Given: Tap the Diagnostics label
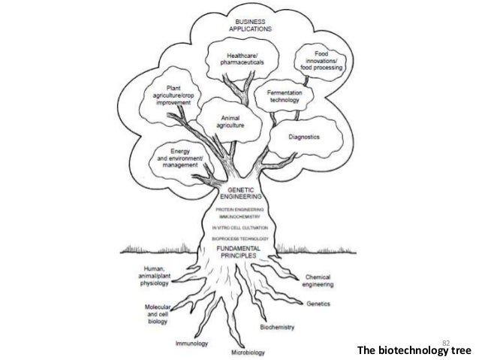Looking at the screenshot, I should pos(305,138).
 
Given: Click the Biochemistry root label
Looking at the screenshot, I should pos(277,328).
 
